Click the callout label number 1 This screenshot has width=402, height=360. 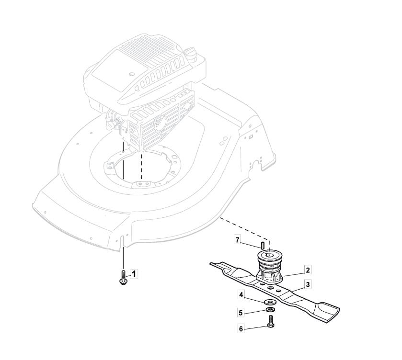pyautogui.click(x=134, y=274)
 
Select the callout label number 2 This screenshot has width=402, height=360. pyautogui.click(x=308, y=270)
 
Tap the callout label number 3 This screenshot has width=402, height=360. pyautogui.click(x=308, y=284)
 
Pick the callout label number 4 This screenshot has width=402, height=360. pyautogui.click(x=241, y=295)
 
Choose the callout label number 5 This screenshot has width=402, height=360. pyautogui.click(x=241, y=313)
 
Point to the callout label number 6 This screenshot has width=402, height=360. pyautogui.click(x=241, y=329)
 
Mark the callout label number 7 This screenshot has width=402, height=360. pyautogui.click(x=237, y=240)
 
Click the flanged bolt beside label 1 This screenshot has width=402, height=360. pyautogui.click(x=123, y=278)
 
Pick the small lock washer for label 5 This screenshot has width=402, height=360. pyautogui.click(x=269, y=310)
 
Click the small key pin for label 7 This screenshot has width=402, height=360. pyautogui.click(x=263, y=245)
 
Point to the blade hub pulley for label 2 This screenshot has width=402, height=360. pyautogui.click(x=269, y=268)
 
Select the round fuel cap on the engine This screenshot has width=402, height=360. pyautogui.click(x=190, y=53)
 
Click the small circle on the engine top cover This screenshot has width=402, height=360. pyautogui.click(x=132, y=74)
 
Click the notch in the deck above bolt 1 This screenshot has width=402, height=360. pyautogui.click(x=122, y=241)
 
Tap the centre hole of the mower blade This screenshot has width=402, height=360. pyautogui.click(x=270, y=288)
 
